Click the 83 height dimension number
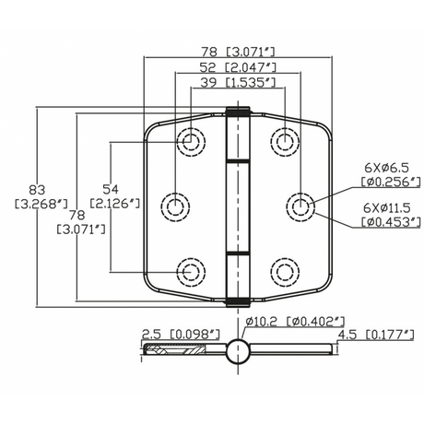click(37, 190)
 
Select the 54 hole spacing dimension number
click(111, 189)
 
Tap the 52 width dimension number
click(208, 67)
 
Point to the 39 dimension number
click(208, 82)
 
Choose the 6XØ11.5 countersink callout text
click(387, 208)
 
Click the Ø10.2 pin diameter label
click(262, 322)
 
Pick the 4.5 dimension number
click(347, 335)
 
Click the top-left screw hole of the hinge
click(191, 142)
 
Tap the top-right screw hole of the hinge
click(285, 142)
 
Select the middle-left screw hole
click(175, 206)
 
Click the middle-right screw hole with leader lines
click(300, 207)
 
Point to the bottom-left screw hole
click(191, 272)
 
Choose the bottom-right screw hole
click(285, 272)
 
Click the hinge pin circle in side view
click(238, 351)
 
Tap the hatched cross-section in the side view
click(174, 349)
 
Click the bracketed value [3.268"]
click(41, 204)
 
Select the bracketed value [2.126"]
click(115, 204)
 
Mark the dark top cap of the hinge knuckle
click(238, 111)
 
